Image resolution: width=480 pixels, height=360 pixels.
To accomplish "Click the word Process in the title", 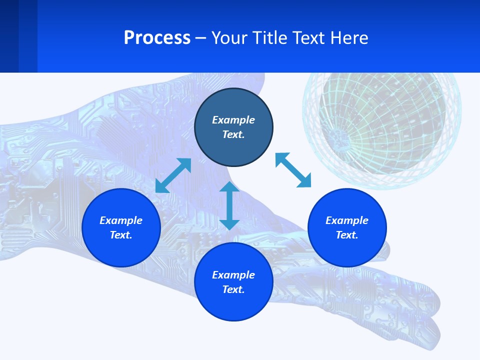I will click(157, 38).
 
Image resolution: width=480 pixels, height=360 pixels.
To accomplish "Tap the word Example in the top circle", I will click(233, 120).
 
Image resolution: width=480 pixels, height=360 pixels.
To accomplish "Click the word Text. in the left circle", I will click(121, 235).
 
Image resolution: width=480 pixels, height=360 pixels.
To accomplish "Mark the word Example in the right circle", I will click(347, 220).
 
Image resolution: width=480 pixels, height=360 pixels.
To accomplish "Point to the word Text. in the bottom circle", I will click(233, 289).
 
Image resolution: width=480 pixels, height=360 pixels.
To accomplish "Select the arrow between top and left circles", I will click(173, 175).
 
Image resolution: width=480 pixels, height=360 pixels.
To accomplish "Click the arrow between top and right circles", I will click(293, 170).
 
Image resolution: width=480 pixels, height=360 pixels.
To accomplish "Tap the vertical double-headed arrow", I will click(229, 205).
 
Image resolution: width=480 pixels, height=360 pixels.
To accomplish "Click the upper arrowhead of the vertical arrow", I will click(229, 187).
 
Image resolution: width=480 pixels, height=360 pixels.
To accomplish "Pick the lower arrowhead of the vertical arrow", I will click(229, 223).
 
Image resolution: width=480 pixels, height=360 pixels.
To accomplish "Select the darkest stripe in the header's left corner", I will click(9, 36).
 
